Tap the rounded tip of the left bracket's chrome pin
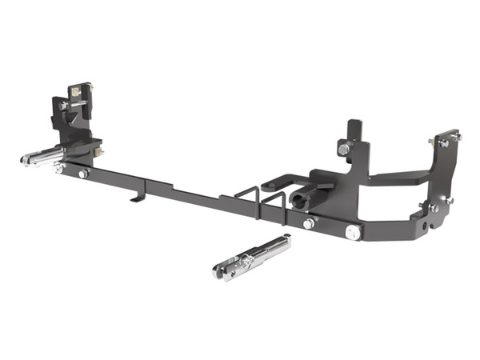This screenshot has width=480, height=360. click(x=24, y=161)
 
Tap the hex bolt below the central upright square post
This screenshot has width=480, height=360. click(x=343, y=150)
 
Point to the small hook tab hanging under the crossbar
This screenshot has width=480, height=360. click(x=141, y=194)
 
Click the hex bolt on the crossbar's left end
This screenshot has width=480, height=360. click(x=83, y=174)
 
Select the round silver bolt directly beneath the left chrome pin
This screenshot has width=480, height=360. click(x=58, y=168)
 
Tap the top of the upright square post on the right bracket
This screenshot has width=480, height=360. click(x=353, y=125)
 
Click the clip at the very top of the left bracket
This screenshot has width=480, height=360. click(x=78, y=87)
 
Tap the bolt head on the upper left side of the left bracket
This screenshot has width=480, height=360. click(x=62, y=106)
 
